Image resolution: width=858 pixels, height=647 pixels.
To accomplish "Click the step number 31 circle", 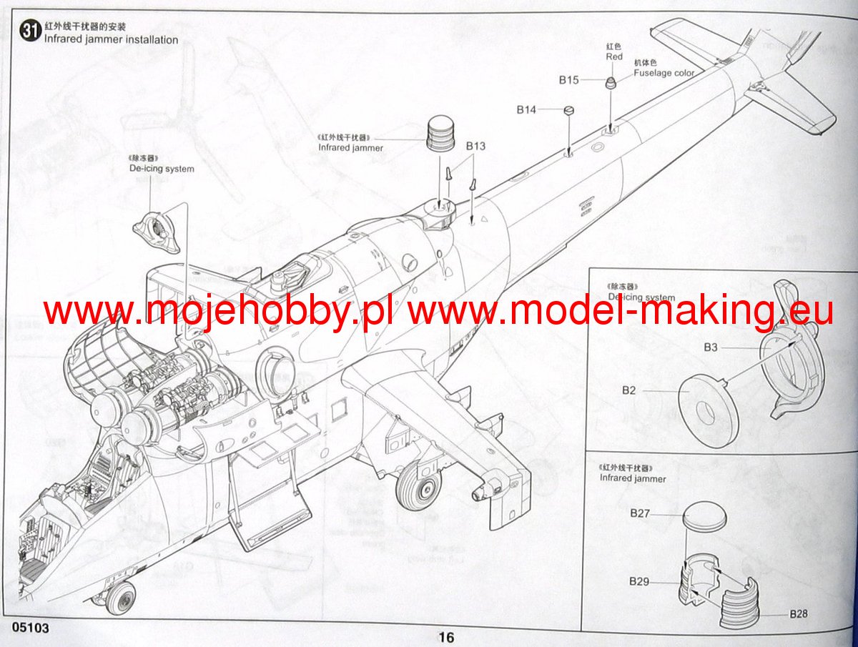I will click(30, 32).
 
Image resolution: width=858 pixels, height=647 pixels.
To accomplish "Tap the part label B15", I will click(568, 80).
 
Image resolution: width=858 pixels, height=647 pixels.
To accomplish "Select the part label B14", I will click(526, 109).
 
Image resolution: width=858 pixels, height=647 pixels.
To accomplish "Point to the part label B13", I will click(475, 146).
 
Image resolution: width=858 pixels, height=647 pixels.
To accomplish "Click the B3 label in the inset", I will click(710, 347).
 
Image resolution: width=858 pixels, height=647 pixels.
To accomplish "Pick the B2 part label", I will click(628, 390).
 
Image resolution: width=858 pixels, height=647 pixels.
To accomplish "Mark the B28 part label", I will click(799, 614).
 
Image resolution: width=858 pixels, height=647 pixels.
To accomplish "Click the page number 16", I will click(446, 638).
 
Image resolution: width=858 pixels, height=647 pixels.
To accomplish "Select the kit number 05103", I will click(30, 628).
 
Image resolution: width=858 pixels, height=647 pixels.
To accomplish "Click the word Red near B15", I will click(613, 56).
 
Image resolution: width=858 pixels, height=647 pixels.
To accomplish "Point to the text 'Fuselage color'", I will click(664, 73).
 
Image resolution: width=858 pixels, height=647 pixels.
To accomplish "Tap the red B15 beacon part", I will click(611, 82).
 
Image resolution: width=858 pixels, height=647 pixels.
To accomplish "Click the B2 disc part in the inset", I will click(708, 413).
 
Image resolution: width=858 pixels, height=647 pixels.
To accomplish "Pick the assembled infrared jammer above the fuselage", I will click(440, 134).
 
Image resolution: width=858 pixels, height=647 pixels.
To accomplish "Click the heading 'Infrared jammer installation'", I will click(111, 40).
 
